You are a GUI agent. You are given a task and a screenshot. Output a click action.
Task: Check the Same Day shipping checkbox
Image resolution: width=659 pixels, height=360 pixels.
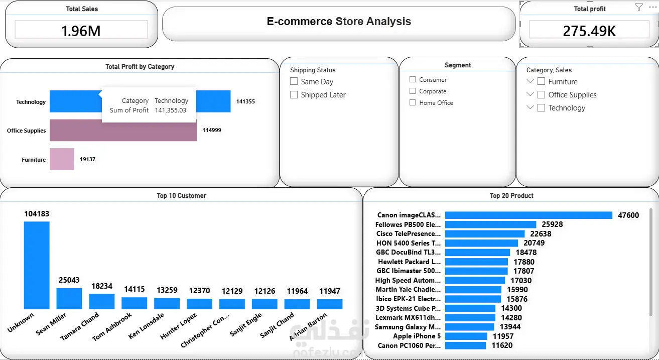[294, 81]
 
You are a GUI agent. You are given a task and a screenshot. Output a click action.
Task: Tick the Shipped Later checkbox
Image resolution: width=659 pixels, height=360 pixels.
[294, 94]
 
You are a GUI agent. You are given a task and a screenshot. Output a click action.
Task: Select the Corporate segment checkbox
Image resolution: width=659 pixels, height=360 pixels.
[413, 91]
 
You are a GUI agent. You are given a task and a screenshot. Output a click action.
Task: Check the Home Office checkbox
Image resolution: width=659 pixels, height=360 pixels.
[413, 102]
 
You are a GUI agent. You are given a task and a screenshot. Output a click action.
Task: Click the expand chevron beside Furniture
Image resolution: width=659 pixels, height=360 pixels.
[530, 81]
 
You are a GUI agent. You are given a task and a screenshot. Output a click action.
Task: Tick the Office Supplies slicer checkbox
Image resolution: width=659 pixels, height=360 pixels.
[541, 94]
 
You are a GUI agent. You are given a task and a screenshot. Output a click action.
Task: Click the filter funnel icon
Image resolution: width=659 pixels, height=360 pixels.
[638, 7]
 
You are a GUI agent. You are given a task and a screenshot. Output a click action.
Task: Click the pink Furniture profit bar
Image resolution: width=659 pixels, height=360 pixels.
[62, 159]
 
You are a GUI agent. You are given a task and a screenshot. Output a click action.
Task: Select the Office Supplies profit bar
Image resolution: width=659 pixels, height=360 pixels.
[123, 130]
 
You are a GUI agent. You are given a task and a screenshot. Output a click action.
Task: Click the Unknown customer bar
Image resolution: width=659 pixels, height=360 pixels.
[37, 265]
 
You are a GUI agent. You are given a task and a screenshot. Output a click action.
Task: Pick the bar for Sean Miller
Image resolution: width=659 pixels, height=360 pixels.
[69, 298]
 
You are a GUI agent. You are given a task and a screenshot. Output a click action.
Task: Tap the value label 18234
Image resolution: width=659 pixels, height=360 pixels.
[102, 286]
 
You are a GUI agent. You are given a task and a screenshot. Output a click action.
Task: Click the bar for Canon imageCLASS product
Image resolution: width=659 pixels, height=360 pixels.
[529, 215]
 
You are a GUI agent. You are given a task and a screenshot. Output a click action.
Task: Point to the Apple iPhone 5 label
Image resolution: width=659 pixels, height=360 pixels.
[417, 336]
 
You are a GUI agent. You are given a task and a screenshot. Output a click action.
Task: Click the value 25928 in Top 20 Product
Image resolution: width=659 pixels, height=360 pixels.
[552, 224]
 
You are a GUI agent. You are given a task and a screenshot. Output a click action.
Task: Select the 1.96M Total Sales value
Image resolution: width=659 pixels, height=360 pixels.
[81, 31]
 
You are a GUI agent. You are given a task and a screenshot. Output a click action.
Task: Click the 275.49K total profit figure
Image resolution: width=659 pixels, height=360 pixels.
[589, 31]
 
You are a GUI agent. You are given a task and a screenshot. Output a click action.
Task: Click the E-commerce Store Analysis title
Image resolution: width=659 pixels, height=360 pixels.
[339, 21]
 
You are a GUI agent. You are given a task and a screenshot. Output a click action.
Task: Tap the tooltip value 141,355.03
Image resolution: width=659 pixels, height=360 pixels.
[171, 110]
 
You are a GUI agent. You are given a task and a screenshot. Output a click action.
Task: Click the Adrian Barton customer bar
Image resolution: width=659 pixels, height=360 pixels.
[329, 304]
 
